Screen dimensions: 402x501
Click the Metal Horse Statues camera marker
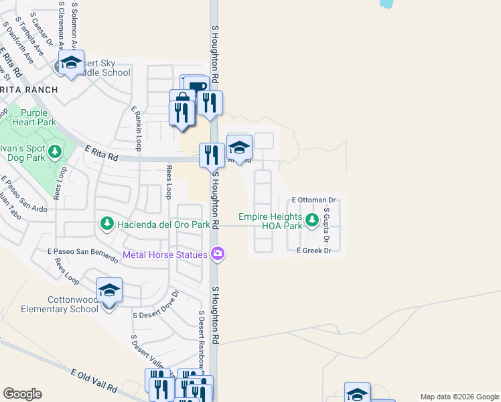coord(217,254)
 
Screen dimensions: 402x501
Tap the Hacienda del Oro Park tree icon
coord(106,223)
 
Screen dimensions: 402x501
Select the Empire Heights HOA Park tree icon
coord(311,220)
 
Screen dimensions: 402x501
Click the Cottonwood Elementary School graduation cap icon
coord(109,291)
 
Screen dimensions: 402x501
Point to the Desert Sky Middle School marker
coord(70,63)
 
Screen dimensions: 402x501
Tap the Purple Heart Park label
coord(38,118)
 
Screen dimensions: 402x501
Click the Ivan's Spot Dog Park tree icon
coord(54,151)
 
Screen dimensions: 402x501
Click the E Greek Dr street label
coord(314,251)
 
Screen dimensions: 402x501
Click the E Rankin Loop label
coord(136,122)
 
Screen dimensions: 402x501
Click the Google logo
coord(22,394)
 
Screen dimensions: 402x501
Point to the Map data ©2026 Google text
coord(459,396)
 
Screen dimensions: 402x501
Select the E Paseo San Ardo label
coord(24,195)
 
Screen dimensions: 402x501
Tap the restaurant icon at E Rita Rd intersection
coord(212,155)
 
